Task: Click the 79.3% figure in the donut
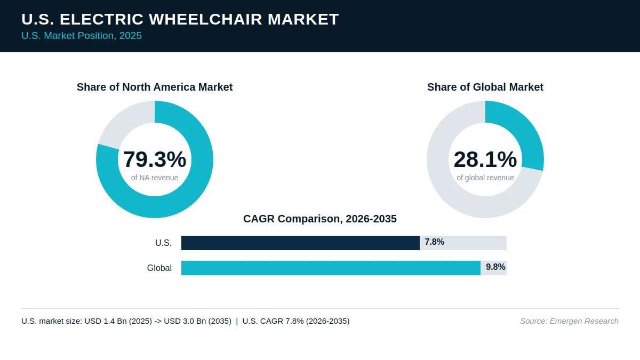(x=155, y=159)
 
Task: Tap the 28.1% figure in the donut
(x=485, y=159)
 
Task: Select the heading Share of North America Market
(x=155, y=87)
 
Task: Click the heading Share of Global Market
(x=485, y=87)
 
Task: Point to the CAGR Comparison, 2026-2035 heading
(x=319, y=219)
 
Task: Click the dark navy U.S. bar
(x=300, y=243)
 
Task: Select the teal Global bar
(x=331, y=268)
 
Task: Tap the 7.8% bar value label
(x=434, y=242)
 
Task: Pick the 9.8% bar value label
(x=495, y=267)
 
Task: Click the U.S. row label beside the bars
(x=163, y=243)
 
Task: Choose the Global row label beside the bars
(x=159, y=268)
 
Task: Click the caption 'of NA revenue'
(x=155, y=178)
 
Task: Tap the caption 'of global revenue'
(x=485, y=178)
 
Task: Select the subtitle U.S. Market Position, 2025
(x=82, y=36)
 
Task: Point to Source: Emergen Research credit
(x=569, y=321)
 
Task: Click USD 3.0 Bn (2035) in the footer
(x=197, y=321)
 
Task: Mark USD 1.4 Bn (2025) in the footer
(x=118, y=321)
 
